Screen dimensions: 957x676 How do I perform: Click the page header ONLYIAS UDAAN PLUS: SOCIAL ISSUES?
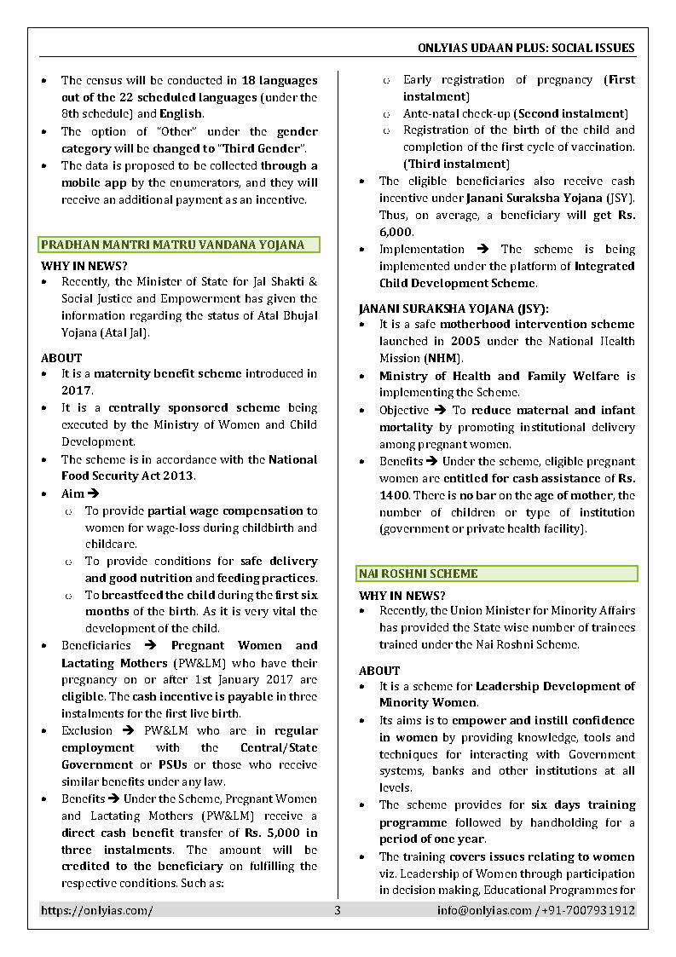point(527,48)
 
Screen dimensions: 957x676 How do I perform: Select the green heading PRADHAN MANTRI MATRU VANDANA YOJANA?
point(172,245)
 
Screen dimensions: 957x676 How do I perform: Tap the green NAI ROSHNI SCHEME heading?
point(419,574)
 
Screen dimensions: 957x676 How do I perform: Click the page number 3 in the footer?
point(338,910)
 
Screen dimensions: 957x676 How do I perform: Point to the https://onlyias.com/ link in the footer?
point(97,910)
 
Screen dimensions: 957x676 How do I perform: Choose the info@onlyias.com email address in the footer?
point(483,910)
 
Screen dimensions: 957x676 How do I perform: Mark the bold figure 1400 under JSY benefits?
point(394,495)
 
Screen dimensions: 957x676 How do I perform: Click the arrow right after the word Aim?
point(94,494)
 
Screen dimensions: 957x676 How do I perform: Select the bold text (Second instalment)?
point(571,113)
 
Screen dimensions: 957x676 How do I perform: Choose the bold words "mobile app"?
point(92,182)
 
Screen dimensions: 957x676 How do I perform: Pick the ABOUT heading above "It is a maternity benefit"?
point(61,358)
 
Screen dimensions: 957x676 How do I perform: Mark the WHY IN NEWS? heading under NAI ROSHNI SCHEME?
point(402,596)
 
